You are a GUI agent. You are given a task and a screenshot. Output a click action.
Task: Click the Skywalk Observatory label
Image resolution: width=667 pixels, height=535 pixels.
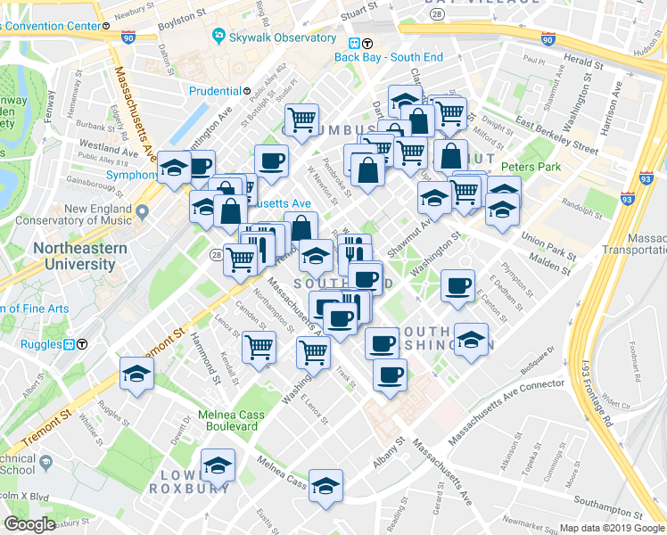tap(274, 37)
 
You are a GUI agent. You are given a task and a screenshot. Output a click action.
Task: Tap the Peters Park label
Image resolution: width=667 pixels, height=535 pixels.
tap(530, 167)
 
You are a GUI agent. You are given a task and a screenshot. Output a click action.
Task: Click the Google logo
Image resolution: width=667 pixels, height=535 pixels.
tap(30, 523)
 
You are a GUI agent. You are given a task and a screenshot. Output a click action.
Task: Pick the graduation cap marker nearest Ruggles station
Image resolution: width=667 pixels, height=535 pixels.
tap(137, 374)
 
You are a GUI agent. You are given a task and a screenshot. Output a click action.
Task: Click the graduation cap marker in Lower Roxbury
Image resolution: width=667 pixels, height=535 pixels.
tap(216, 465)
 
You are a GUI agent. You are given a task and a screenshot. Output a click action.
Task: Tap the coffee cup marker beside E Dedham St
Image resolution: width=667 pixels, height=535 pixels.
tap(458, 285)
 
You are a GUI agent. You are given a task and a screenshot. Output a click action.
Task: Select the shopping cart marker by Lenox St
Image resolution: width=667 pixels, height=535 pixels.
tap(259, 346)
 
